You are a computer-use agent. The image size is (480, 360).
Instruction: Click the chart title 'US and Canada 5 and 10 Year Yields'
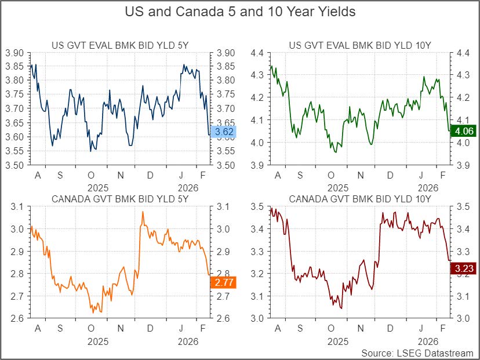[x=240, y=12]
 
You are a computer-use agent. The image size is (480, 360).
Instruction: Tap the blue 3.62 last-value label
[x=223, y=132]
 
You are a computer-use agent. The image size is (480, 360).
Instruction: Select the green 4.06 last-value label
[x=464, y=132]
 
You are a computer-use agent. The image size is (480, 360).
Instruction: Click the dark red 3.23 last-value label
[x=464, y=268]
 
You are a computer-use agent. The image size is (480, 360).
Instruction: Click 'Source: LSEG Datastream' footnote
[x=417, y=352]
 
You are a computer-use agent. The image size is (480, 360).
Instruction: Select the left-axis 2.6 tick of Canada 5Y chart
[x=18, y=318]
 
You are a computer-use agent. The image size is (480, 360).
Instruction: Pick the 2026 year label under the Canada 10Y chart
[x=427, y=341]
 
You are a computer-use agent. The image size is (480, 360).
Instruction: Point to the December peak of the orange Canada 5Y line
[x=143, y=212]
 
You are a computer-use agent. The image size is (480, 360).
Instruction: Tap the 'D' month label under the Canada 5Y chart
[x=150, y=329]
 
